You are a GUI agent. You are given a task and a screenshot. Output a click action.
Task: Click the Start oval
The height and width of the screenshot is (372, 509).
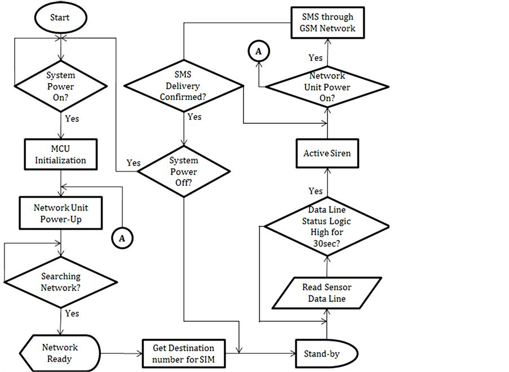(60, 17)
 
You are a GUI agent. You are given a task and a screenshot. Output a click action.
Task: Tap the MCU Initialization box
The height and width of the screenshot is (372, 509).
(60, 155)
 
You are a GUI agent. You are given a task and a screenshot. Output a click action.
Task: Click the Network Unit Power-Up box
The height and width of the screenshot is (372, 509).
(61, 213)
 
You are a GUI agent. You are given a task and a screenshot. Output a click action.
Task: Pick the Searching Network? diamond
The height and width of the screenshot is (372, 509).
(61, 282)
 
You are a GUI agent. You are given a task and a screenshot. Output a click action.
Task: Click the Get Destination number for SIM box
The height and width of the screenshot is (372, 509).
(183, 353)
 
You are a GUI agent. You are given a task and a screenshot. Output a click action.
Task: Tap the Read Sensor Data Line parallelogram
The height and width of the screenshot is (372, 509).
(326, 293)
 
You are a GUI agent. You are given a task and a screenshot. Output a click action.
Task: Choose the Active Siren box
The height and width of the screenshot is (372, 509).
(327, 153)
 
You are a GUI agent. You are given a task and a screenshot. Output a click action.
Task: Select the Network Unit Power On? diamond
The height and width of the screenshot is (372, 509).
(327, 87)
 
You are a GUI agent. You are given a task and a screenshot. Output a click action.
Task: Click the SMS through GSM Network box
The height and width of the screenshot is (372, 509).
(327, 23)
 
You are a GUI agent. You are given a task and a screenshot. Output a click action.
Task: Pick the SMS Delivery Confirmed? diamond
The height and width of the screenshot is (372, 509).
(184, 87)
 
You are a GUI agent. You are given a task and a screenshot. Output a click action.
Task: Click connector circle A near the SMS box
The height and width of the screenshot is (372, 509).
(259, 51)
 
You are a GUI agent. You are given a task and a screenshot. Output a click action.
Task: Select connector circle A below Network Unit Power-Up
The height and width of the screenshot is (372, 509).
(122, 239)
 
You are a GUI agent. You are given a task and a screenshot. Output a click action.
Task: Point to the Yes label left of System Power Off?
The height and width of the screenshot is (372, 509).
(134, 163)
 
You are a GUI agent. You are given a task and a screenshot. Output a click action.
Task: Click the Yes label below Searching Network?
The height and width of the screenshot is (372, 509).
(72, 313)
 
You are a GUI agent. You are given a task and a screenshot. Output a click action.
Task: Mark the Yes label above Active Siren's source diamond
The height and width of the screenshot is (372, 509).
(316, 191)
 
